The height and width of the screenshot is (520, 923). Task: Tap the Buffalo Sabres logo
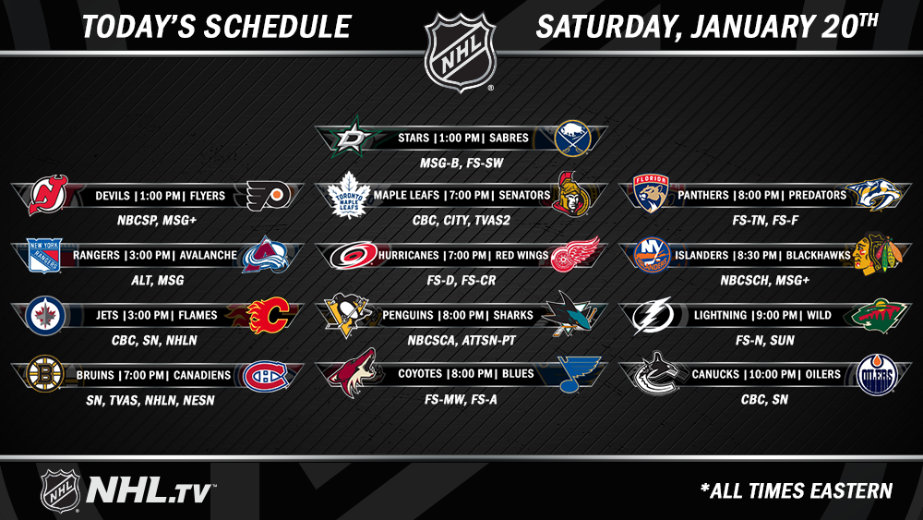click(x=572, y=139)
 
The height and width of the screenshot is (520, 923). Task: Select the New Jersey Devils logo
click(x=48, y=195)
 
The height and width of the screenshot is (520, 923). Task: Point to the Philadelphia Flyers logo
click(x=269, y=196)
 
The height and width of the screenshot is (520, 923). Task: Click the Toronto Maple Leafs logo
click(x=349, y=195)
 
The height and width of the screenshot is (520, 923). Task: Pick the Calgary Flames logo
click(x=269, y=315)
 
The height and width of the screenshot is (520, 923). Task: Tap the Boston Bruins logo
click(x=44, y=373)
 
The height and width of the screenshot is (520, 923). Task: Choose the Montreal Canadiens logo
click(x=266, y=376)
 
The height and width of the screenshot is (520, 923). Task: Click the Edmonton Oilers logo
click(x=877, y=375)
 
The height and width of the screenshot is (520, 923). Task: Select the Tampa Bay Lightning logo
click(x=653, y=315)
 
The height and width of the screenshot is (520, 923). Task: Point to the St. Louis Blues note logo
click(x=579, y=373)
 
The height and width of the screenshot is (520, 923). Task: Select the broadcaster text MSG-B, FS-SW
click(x=461, y=163)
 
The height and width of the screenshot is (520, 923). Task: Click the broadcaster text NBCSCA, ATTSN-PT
click(x=461, y=341)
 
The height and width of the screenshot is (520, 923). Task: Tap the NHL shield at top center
click(x=461, y=52)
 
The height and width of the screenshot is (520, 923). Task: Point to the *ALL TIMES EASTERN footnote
click(x=797, y=490)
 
